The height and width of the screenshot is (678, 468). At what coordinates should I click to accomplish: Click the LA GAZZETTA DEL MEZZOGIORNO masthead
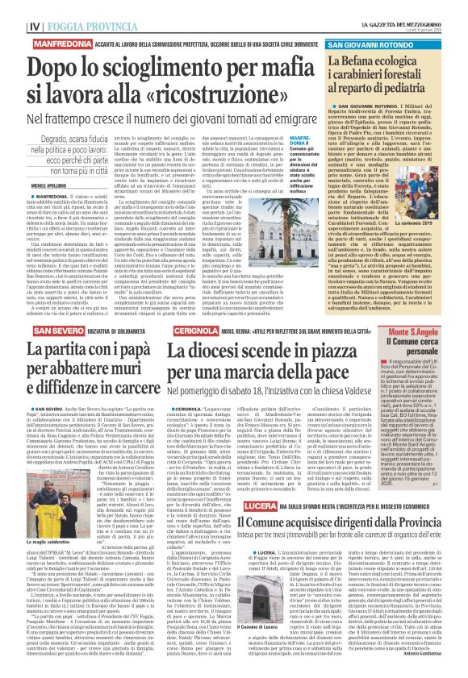click(403, 6)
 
